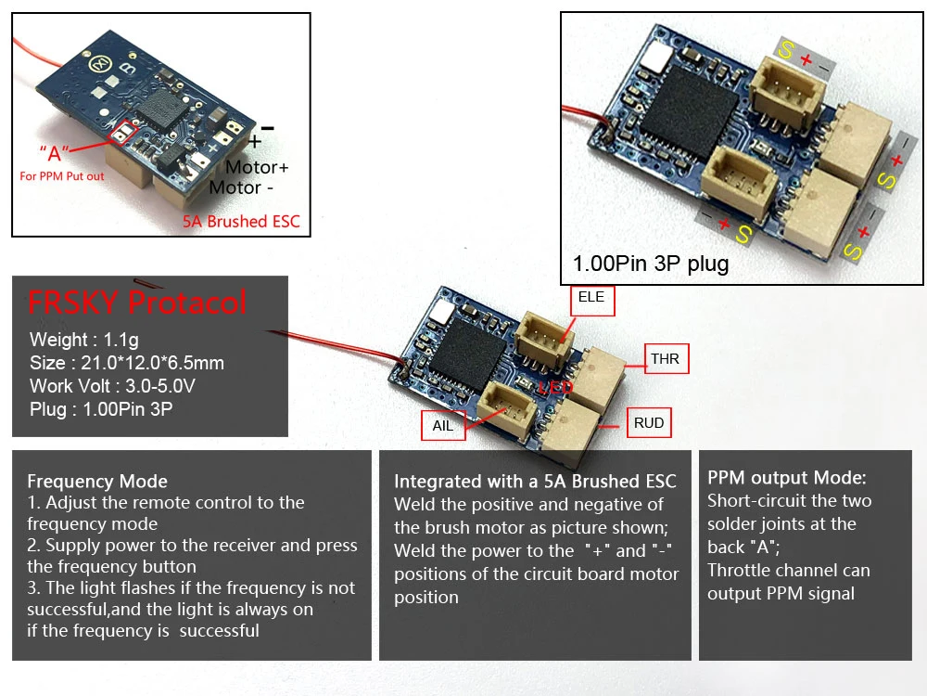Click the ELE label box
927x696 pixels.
pyautogui.click(x=591, y=301)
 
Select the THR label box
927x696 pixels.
pyautogui.click(x=666, y=358)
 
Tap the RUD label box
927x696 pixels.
pyautogui.click(x=649, y=422)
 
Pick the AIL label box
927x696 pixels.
pyautogui.click(x=443, y=426)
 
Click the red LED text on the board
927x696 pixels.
pyautogui.click(x=555, y=388)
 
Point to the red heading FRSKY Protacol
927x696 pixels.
pyautogui.click(x=136, y=303)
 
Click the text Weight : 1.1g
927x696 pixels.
pyautogui.click(x=84, y=340)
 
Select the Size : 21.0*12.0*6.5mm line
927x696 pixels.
pyautogui.click(x=126, y=363)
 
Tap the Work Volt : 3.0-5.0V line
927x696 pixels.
pyautogui.click(x=112, y=386)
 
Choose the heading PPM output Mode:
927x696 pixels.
pyautogui.click(x=787, y=478)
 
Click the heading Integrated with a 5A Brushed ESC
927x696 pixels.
pyautogui.click(x=535, y=481)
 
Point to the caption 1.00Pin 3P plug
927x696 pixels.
pyautogui.click(x=651, y=264)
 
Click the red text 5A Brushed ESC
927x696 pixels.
pyautogui.click(x=241, y=222)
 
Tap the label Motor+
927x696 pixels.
pyautogui.click(x=257, y=167)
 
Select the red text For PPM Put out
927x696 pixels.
pyautogui.click(x=62, y=176)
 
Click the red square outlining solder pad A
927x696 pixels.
pyautogui.click(x=124, y=134)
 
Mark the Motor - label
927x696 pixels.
pyautogui.click(x=241, y=187)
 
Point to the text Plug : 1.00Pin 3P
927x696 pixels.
pyautogui.click(x=101, y=409)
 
